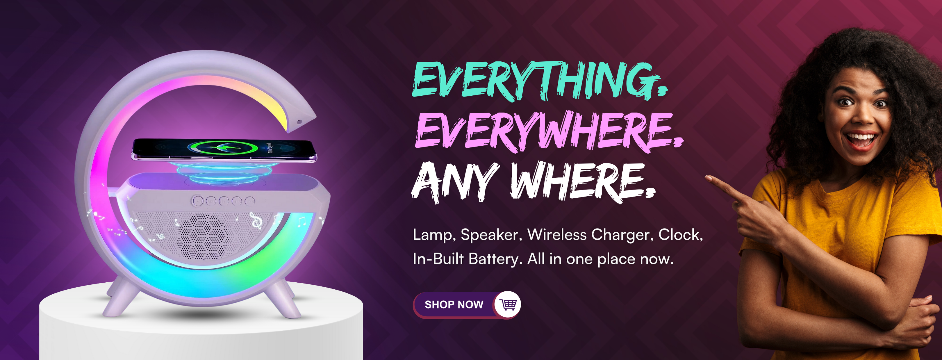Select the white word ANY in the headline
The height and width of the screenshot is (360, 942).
click(456, 182)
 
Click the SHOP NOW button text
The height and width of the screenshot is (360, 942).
click(454, 304)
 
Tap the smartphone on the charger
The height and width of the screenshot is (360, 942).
click(224, 150)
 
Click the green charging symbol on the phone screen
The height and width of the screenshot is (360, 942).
click(223, 148)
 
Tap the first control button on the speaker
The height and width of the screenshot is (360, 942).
click(198, 200)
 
